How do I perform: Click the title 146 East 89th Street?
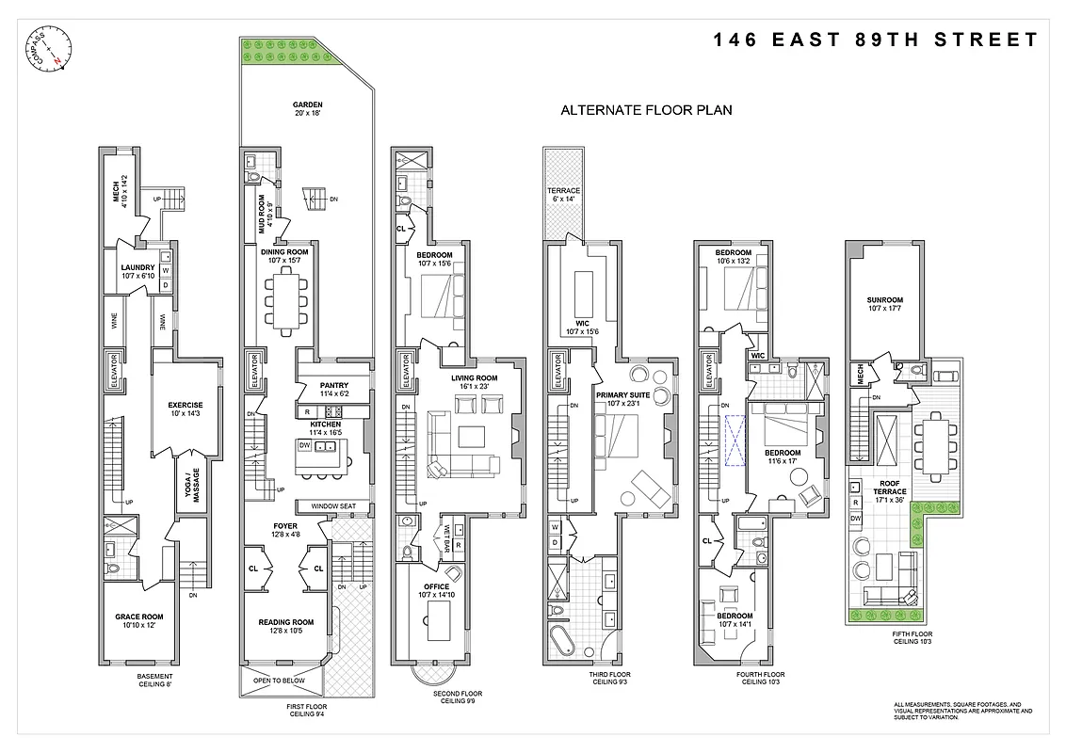pyautogui.click(x=875, y=40)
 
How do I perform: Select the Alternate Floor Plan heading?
pyautogui.click(x=646, y=110)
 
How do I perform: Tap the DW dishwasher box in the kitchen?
pyautogui.click(x=304, y=444)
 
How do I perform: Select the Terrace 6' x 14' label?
pyautogui.click(x=564, y=195)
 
